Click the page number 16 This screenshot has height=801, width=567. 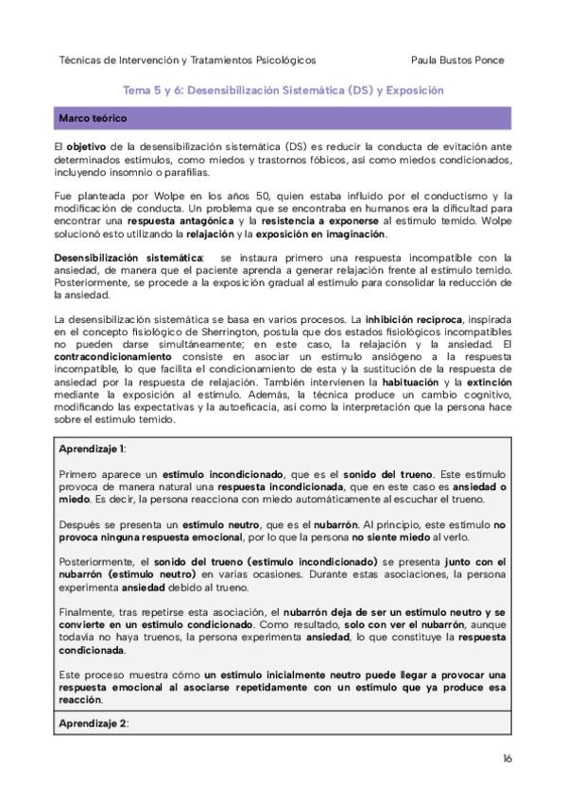click(x=507, y=758)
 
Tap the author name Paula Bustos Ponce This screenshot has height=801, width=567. click(x=458, y=60)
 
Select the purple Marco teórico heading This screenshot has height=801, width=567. click(x=94, y=119)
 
